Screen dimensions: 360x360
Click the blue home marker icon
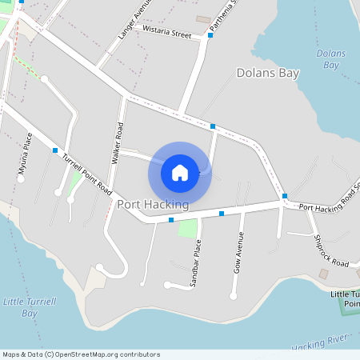tap(180, 172)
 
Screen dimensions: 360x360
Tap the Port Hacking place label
tap(153, 205)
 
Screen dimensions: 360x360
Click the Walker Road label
tap(119, 143)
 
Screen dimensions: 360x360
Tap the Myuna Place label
tap(26, 154)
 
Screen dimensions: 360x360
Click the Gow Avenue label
tap(238, 254)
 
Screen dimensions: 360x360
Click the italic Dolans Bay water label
tap(331, 58)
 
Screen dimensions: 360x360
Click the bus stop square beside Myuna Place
tap(55, 150)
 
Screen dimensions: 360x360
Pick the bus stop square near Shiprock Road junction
tap(285, 196)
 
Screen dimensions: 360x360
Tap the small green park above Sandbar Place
tap(187, 228)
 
